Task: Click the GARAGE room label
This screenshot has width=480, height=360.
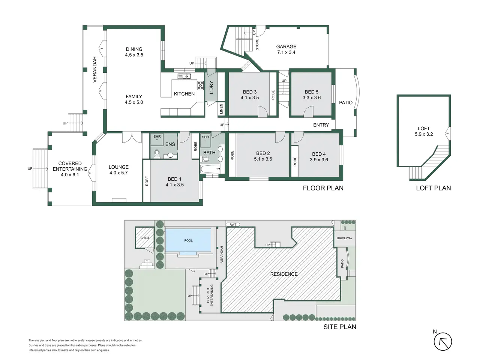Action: click(286, 46)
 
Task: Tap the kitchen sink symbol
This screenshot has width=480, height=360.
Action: click(184, 76)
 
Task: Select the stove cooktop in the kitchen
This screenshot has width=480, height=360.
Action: click(201, 85)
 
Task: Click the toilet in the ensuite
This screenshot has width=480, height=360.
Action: click(157, 154)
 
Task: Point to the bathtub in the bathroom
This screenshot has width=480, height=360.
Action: click(210, 169)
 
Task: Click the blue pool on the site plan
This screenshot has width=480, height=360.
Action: click(188, 240)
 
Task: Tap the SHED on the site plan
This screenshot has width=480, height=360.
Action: click(144, 238)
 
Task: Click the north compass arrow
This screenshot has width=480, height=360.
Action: click(442, 342)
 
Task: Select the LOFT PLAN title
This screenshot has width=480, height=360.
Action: click(433, 188)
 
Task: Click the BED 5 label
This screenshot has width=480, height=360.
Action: click(312, 92)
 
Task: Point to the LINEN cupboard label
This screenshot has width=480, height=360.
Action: click(221, 109)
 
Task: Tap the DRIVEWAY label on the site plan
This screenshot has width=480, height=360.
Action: click(344, 238)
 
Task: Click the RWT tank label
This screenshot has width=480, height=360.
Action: click(233, 225)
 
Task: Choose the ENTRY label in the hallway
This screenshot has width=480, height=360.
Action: click(321, 125)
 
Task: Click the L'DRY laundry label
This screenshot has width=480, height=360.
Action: click(211, 88)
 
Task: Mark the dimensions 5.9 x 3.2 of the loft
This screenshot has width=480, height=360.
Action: click(424, 134)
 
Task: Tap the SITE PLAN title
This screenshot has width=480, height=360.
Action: click(340, 327)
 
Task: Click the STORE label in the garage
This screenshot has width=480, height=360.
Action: click(257, 44)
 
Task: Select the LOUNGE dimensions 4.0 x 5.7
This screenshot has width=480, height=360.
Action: click(118, 172)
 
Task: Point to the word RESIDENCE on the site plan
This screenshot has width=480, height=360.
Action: click(284, 274)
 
